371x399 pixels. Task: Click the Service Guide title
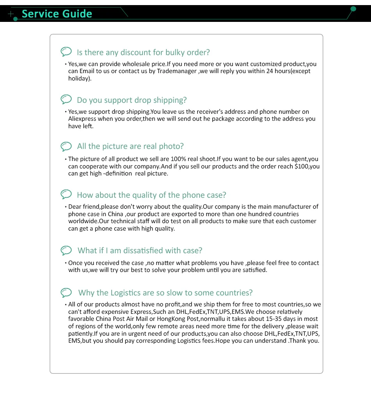pos(57,14)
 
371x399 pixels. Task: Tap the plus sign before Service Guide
pos(11,14)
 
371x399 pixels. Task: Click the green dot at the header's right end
pos(353,9)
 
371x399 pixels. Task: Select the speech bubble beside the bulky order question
pos(66,52)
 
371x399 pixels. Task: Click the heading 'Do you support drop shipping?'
pos(132,100)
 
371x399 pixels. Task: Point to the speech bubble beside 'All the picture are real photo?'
pos(66,146)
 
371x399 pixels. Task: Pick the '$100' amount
pos(303,166)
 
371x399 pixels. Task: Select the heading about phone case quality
pos(151,195)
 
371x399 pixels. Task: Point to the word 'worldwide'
pos(82,221)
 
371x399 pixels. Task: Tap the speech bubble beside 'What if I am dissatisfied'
pos(66,250)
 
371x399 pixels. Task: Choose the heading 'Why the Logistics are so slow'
pos(165,293)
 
